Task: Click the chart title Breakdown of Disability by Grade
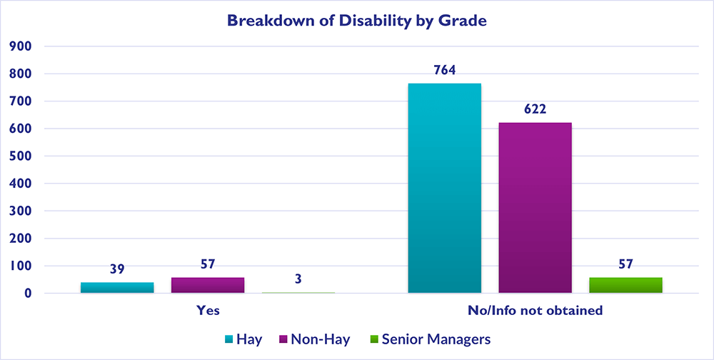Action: (356, 21)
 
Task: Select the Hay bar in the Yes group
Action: (117, 287)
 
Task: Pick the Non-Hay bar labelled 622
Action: (535, 207)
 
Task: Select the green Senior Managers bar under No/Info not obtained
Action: (625, 285)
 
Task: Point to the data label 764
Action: (444, 70)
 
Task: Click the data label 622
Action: (535, 109)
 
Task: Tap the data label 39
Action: (117, 269)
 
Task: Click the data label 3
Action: (298, 279)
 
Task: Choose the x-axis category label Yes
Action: (208, 311)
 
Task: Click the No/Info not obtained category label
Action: (535, 311)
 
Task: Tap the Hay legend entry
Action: (244, 339)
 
